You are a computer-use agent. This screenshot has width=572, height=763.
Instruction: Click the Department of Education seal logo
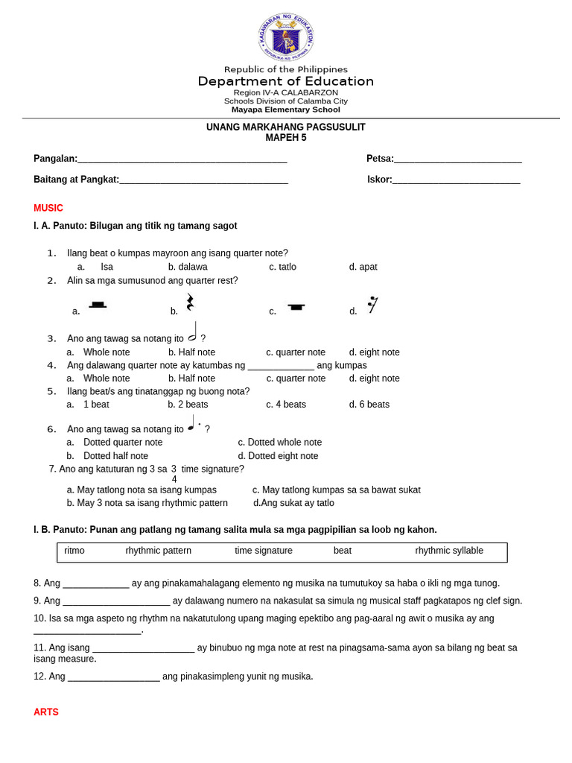[286, 37]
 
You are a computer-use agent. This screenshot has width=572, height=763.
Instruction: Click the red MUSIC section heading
[48, 208]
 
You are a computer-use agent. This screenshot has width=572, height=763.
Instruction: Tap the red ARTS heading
[46, 712]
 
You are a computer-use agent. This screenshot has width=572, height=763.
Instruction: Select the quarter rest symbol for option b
[190, 303]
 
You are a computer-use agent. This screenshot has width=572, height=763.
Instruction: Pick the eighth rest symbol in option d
[372, 305]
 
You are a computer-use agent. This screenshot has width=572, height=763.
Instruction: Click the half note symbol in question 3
[193, 332]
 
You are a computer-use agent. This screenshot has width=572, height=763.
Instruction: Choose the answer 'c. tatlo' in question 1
[282, 267]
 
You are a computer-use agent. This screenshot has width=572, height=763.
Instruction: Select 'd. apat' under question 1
[363, 267]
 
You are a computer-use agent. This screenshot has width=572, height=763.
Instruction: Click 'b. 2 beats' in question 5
[188, 405]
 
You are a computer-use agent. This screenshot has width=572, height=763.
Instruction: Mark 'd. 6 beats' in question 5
[369, 405]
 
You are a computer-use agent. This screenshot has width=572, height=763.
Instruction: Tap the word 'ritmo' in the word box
[74, 551]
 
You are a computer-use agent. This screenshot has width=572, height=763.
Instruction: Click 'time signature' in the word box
[264, 551]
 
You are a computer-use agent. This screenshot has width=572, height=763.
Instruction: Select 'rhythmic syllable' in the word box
[449, 551]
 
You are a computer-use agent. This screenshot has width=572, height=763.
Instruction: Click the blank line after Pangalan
[182, 159]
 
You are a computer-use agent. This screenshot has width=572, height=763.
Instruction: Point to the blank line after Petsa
[458, 159]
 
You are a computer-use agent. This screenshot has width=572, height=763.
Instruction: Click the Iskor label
[379, 180]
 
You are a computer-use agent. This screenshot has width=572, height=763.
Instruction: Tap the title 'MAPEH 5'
[286, 138]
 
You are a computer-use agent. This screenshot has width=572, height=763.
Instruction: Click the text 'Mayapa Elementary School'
[286, 110]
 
